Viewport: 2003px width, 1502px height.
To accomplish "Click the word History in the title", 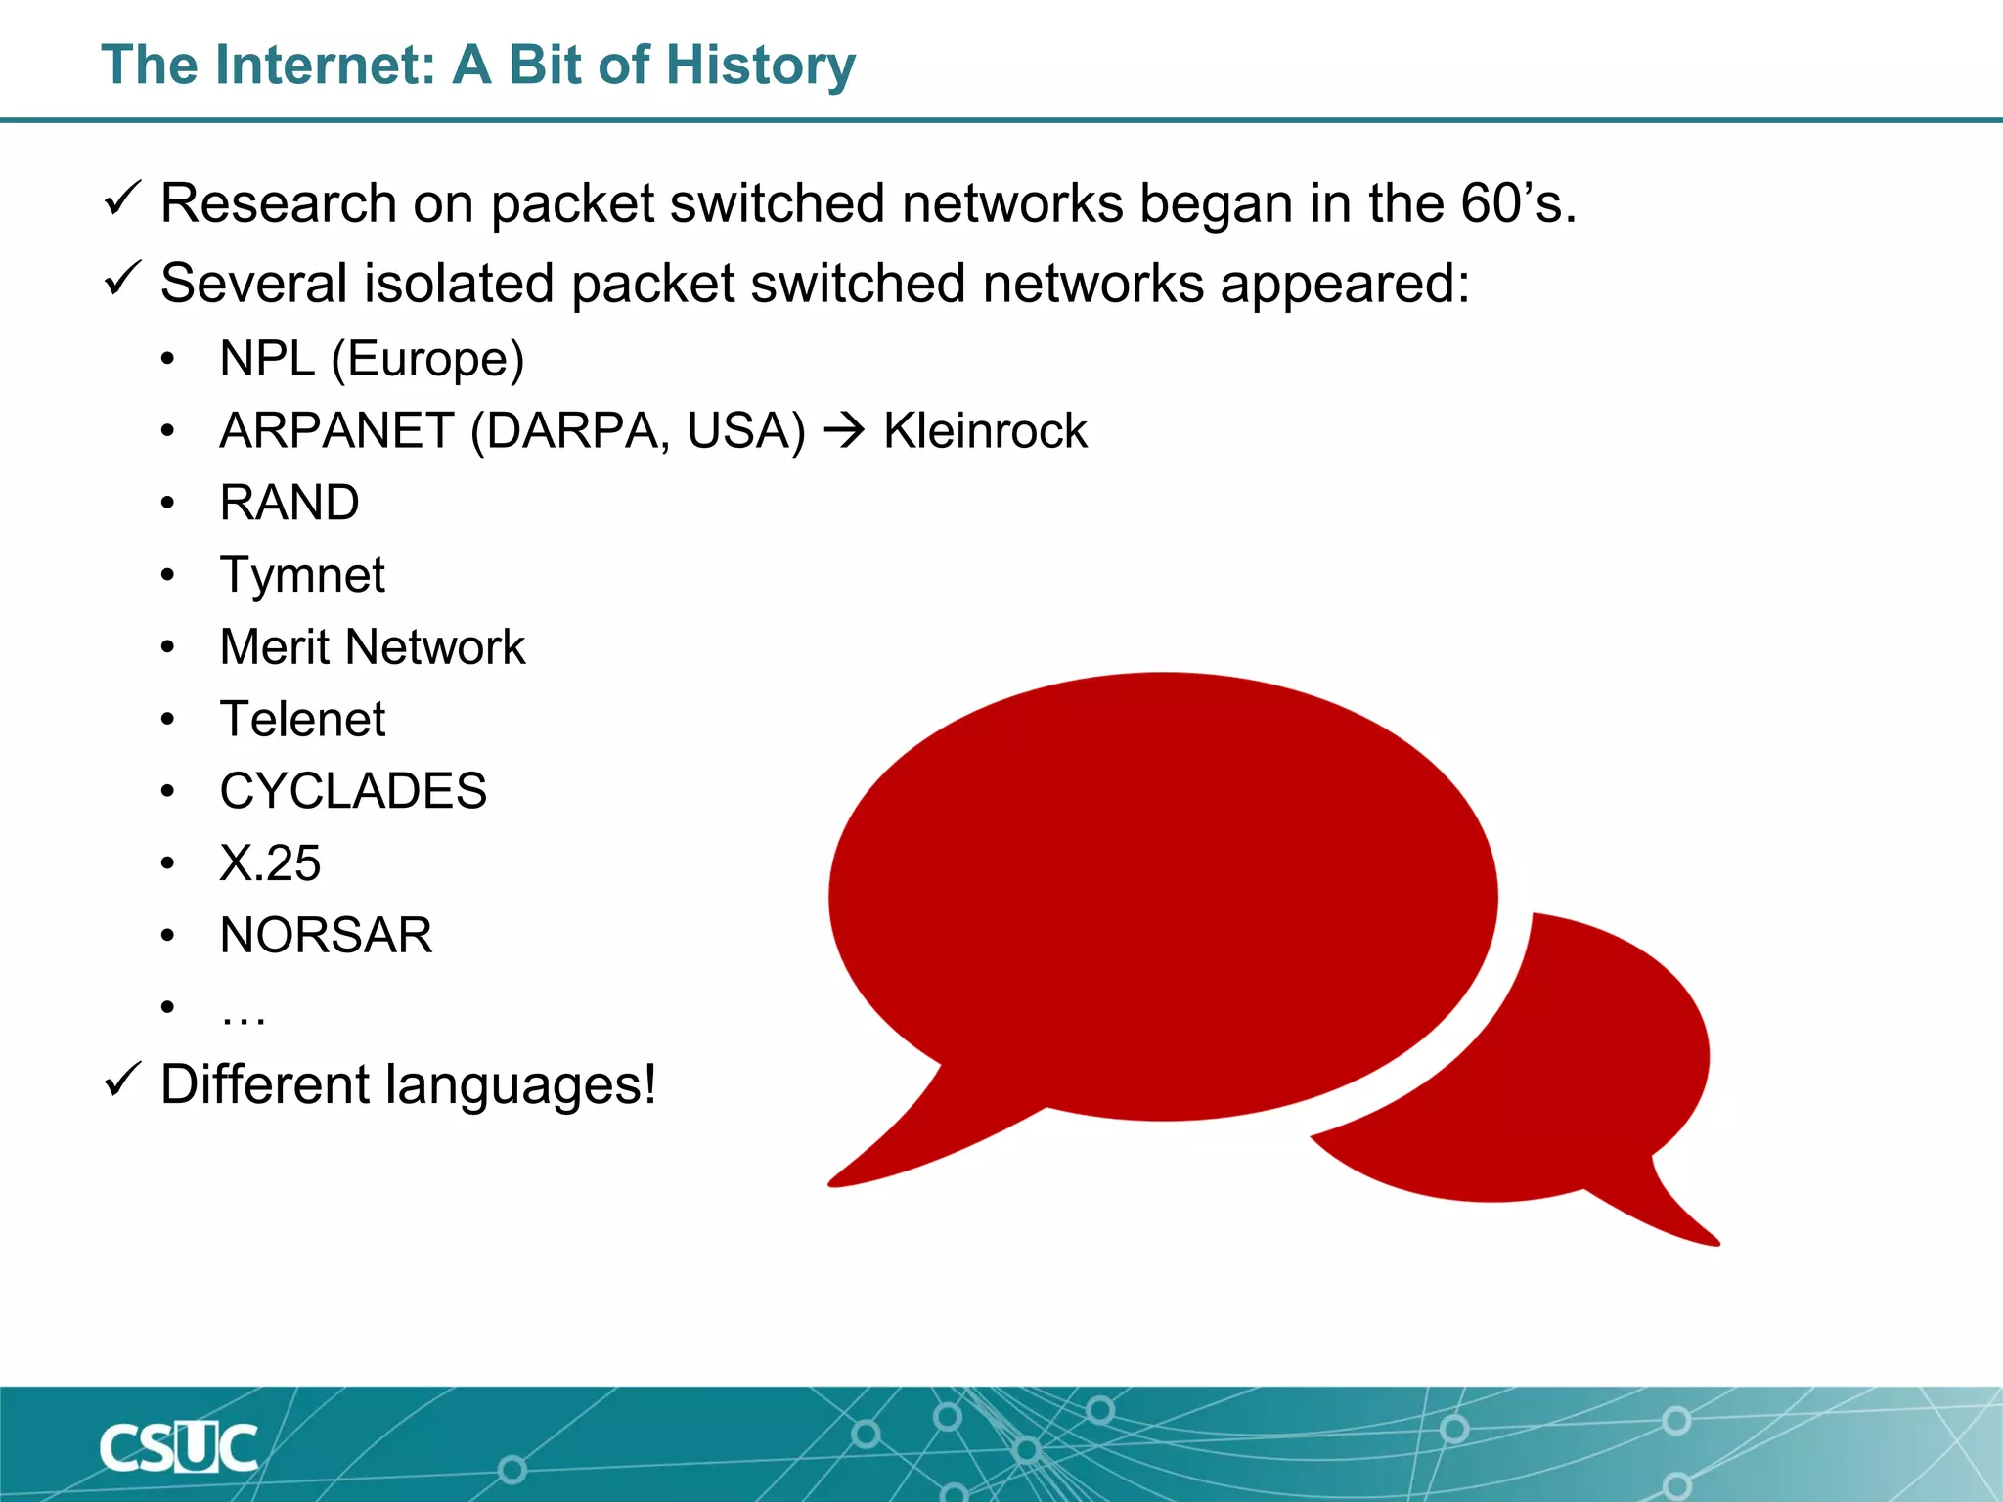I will tap(762, 66).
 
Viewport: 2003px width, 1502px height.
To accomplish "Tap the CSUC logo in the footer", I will tap(178, 1448).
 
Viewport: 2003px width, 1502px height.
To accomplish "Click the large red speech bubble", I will tap(1162, 895).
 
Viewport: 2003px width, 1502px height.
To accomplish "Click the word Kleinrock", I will tap(984, 431).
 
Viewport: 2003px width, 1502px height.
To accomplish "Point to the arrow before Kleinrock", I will tap(844, 431).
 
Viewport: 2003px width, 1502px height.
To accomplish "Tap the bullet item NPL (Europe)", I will tap(372, 359).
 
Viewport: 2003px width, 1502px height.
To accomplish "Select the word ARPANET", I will tap(336, 431).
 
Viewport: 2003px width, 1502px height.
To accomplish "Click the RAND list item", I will tap(289, 503).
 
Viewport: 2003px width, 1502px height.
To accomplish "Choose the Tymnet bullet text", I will tap(302, 575).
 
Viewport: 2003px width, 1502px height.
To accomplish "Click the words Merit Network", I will tap(373, 647).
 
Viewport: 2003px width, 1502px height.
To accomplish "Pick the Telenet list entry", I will tap(302, 720).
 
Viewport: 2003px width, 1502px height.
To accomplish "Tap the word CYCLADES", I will tap(353, 791).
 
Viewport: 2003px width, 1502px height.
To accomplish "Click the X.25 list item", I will tap(270, 863).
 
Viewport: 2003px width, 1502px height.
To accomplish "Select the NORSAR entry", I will tap(326, 936).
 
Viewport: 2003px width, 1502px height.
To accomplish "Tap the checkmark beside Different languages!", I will tap(123, 1081).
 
